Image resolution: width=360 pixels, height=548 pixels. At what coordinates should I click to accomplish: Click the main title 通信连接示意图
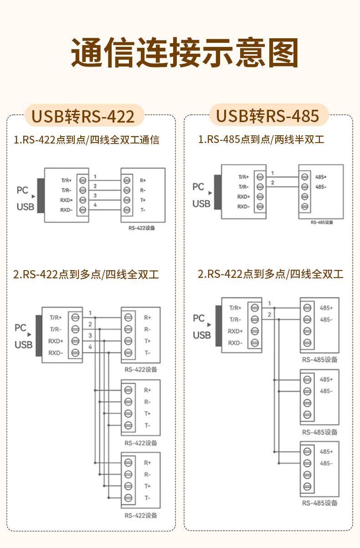pyautogui.click(x=185, y=53)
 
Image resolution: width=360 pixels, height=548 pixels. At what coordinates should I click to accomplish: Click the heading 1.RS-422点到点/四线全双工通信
pyautogui.click(x=87, y=140)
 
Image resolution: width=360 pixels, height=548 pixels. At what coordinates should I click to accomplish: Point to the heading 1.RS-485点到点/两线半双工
pyautogui.click(x=261, y=139)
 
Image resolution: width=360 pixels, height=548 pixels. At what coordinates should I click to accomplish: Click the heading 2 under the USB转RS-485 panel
pyautogui.click(x=270, y=274)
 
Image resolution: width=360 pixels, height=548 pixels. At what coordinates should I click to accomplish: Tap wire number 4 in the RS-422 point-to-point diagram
pyautogui.click(x=95, y=206)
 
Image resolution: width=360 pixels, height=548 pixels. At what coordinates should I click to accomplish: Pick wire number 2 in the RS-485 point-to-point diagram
pyautogui.click(x=273, y=183)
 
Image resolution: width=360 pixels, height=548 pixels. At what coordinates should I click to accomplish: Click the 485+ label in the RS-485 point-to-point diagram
pyautogui.click(x=321, y=177)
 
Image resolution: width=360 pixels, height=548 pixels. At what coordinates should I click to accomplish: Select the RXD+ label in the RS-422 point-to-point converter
pyautogui.click(x=67, y=200)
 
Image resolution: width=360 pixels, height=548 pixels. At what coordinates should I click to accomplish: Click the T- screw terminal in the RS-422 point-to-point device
pyautogui.click(x=127, y=210)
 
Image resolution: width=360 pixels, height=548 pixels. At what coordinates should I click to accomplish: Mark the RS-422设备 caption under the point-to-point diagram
pyautogui.click(x=142, y=228)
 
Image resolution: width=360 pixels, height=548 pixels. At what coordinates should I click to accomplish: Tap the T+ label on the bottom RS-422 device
pyautogui.click(x=147, y=486)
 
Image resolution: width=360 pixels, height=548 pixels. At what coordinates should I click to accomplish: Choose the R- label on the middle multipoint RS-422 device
pyautogui.click(x=147, y=402)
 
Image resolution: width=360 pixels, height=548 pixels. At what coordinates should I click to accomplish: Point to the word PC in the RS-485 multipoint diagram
pyautogui.click(x=199, y=318)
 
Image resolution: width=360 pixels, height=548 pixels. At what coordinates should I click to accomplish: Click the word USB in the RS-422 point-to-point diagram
pyautogui.click(x=26, y=207)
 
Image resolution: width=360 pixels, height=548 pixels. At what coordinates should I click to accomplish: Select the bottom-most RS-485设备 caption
pyautogui.click(x=320, y=503)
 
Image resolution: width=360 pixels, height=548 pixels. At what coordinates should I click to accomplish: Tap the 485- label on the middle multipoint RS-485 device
pyautogui.click(x=326, y=391)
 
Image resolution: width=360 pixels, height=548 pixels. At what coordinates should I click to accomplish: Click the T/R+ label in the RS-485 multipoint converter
pyautogui.click(x=236, y=307)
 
